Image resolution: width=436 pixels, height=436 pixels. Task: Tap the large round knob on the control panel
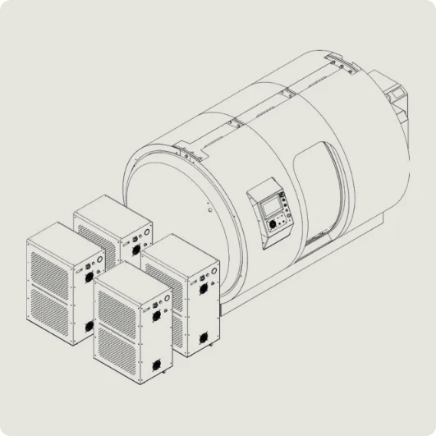(284, 219)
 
